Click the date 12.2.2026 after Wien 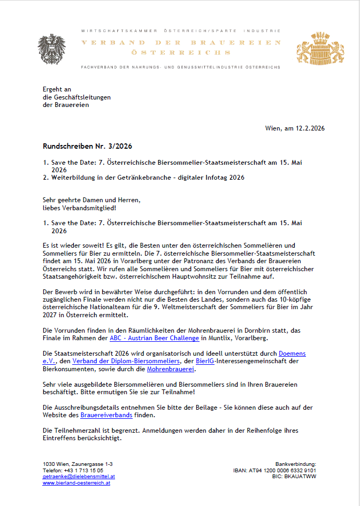coord(309,128)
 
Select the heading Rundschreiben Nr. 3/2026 coord(87,146)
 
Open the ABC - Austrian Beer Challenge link coord(154,338)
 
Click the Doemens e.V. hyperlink coord(292,354)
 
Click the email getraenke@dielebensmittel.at coord(79,476)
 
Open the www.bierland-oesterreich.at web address coord(76,482)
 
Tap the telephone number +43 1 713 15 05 coord(84,470)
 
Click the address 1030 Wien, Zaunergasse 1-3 coord(78,464)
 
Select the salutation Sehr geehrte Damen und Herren coord(91,200)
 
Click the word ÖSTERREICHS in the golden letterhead coord(181,53)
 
